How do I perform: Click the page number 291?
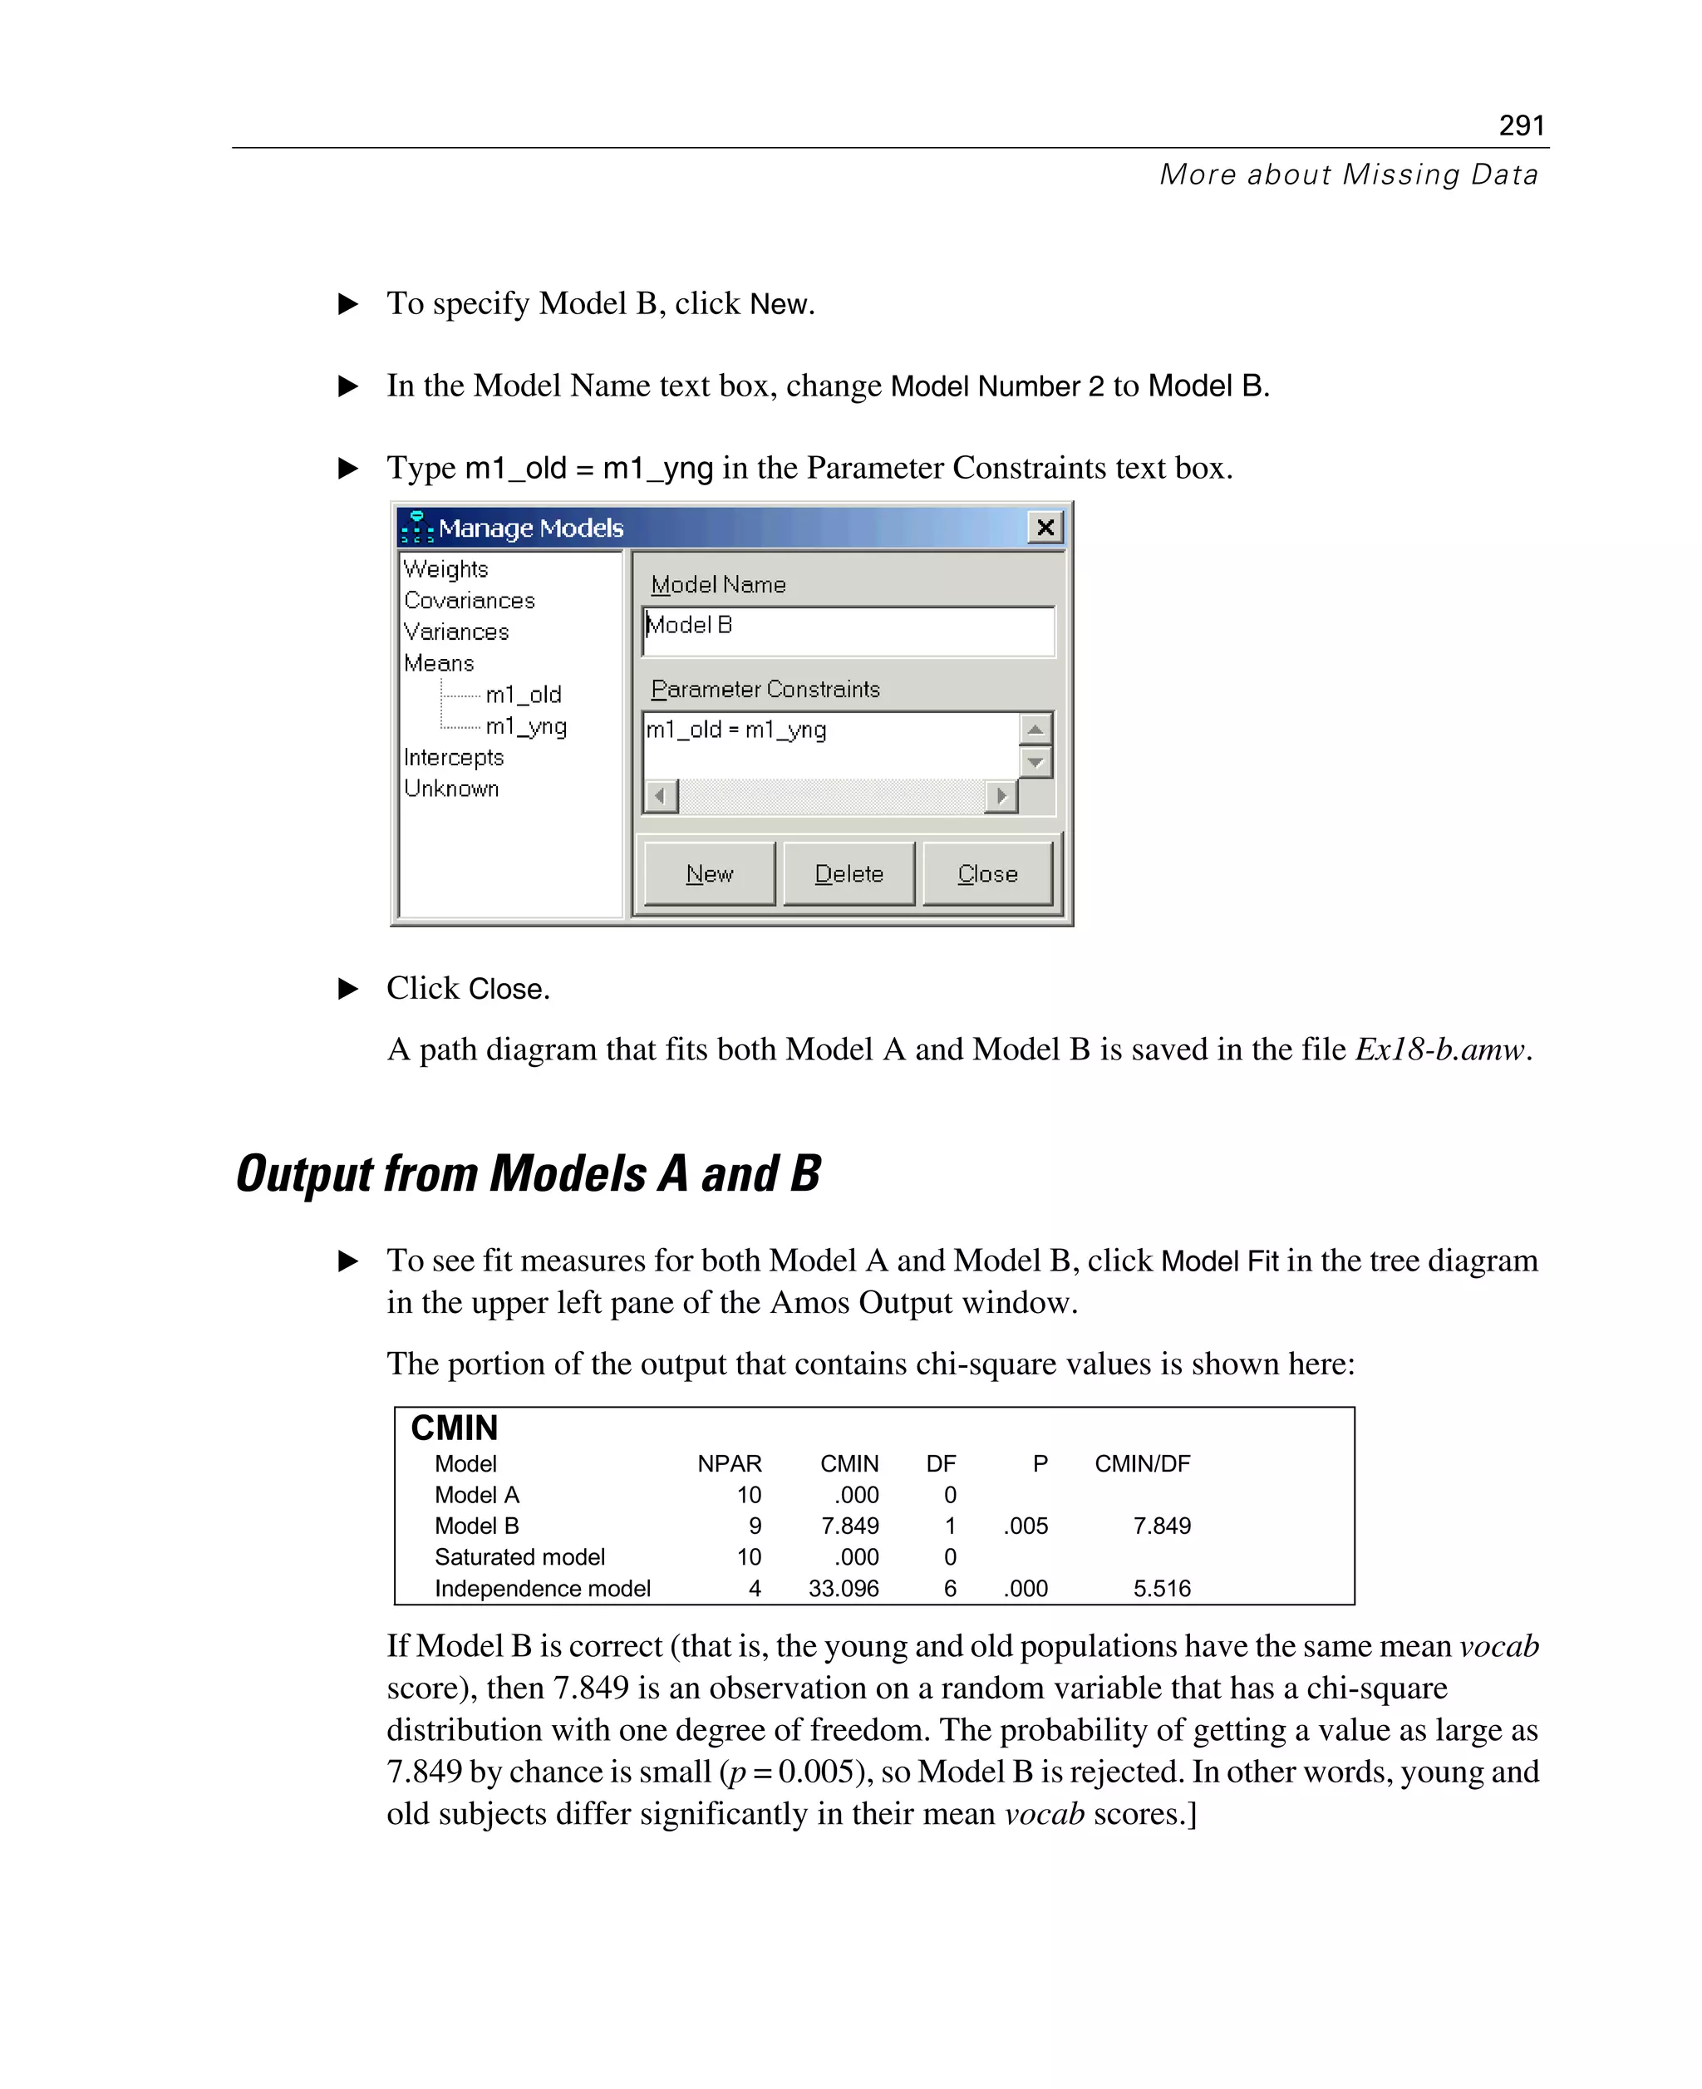pyautogui.click(x=1521, y=125)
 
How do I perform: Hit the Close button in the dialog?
pyautogui.click(x=987, y=873)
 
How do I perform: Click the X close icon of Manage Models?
pyautogui.click(x=1045, y=528)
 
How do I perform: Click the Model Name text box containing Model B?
pyautogui.click(x=848, y=631)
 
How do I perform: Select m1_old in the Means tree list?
pyautogui.click(x=524, y=695)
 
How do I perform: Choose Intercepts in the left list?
pyautogui.click(x=453, y=758)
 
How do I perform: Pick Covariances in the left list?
pyautogui.click(x=469, y=600)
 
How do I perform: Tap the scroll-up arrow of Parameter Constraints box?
pyautogui.click(x=1035, y=730)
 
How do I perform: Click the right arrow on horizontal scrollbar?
pyautogui.click(x=1001, y=796)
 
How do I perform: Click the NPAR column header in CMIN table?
pyautogui.click(x=729, y=1463)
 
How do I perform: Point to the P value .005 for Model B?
pyautogui.click(x=1026, y=1526)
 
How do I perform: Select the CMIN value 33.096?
pyautogui.click(x=844, y=1588)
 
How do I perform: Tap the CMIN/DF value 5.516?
pyautogui.click(x=1162, y=1588)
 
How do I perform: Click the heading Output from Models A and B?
pyautogui.click(x=529, y=1173)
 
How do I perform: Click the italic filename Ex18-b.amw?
pyautogui.click(x=1440, y=1049)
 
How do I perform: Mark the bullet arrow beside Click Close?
pyautogui.click(x=347, y=988)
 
